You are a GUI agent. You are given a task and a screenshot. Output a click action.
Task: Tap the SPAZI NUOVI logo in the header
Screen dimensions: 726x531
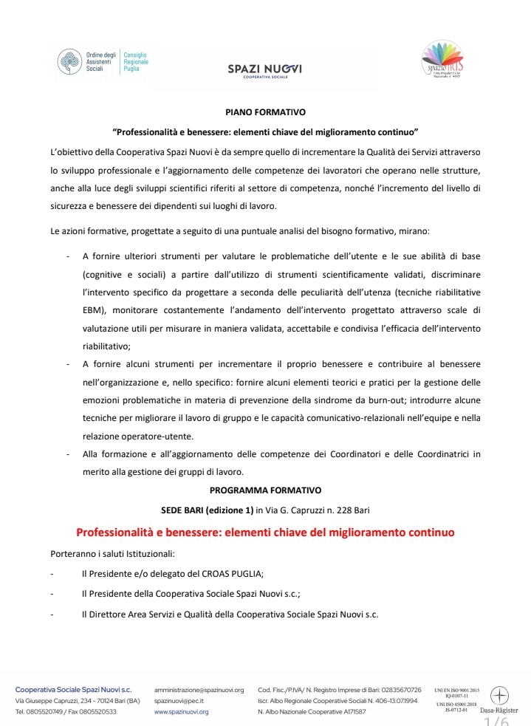point(265,70)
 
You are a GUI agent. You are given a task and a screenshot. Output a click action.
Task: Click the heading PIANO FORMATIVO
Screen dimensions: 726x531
point(265,112)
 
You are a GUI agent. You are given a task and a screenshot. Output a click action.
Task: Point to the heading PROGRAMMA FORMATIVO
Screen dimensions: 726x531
point(265,489)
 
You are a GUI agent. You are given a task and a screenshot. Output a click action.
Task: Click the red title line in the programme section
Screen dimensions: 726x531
point(265,532)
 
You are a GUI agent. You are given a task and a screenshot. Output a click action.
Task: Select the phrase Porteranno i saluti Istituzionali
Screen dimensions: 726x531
point(112,553)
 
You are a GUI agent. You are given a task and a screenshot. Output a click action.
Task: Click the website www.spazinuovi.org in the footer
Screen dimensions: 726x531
point(181,712)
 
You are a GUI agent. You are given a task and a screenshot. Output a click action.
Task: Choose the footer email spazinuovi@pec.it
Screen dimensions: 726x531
point(179,701)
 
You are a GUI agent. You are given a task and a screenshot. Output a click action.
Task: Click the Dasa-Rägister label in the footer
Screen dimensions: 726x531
point(499,710)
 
